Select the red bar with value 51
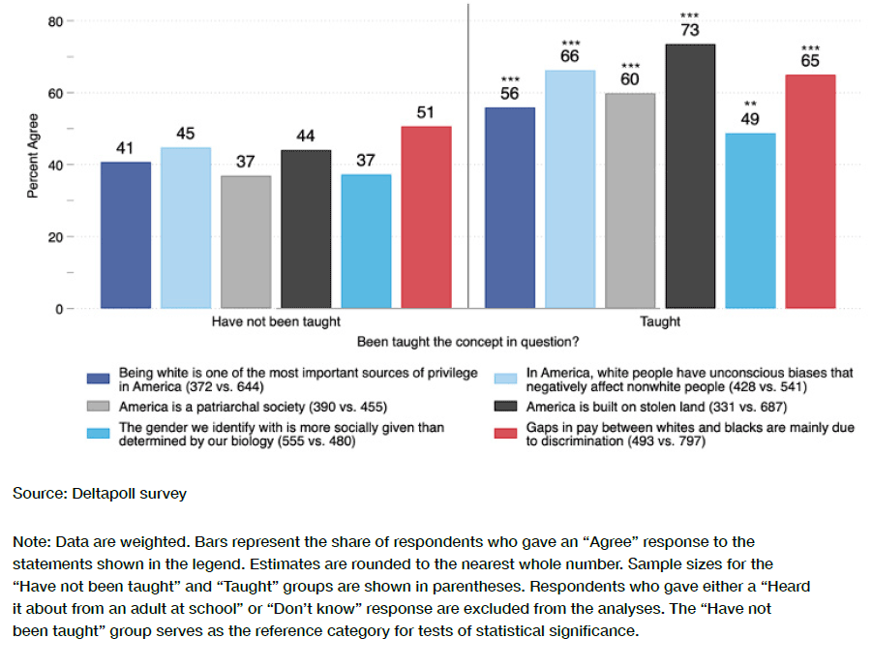[x=426, y=217]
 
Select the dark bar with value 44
[x=306, y=229]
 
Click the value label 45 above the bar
[x=186, y=134]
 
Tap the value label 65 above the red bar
[x=810, y=61]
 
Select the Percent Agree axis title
[x=33, y=159]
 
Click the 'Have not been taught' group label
[x=276, y=321]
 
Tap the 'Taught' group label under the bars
[x=660, y=321]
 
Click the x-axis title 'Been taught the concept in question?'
[x=468, y=342]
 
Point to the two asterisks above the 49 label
[x=750, y=104]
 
